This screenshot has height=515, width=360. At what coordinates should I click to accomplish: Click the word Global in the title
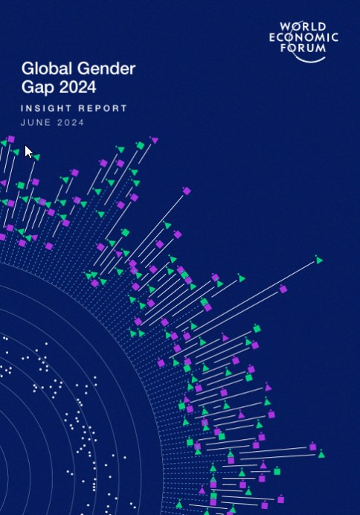click(x=47, y=68)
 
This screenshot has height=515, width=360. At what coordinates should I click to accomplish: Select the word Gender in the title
click(x=106, y=68)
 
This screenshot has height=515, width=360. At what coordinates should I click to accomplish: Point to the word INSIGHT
click(x=46, y=109)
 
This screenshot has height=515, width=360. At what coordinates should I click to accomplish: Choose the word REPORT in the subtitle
click(x=103, y=109)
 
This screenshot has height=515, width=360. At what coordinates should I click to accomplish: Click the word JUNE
click(x=36, y=123)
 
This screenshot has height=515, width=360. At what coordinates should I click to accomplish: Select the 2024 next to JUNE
click(x=71, y=123)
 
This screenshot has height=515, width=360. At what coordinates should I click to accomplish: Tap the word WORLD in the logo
click(x=303, y=27)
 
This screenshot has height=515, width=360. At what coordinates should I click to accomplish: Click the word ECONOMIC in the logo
click(x=303, y=37)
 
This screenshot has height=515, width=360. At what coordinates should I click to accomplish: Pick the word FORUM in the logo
click(x=303, y=48)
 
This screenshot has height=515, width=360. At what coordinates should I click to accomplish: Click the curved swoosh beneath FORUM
click(x=309, y=59)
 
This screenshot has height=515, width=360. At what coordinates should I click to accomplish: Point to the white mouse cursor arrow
click(x=28, y=151)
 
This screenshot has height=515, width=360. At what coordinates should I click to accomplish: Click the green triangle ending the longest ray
click(x=319, y=260)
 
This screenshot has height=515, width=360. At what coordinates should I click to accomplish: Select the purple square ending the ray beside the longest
click(x=283, y=289)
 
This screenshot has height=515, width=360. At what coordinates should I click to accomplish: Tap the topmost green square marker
click(x=141, y=145)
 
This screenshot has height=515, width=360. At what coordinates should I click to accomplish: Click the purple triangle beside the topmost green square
click(x=154, y=140)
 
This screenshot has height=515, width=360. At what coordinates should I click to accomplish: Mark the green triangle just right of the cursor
click(x=36, y=157)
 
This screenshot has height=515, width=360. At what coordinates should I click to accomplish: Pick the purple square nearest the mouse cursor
click(x=11, y=139)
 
